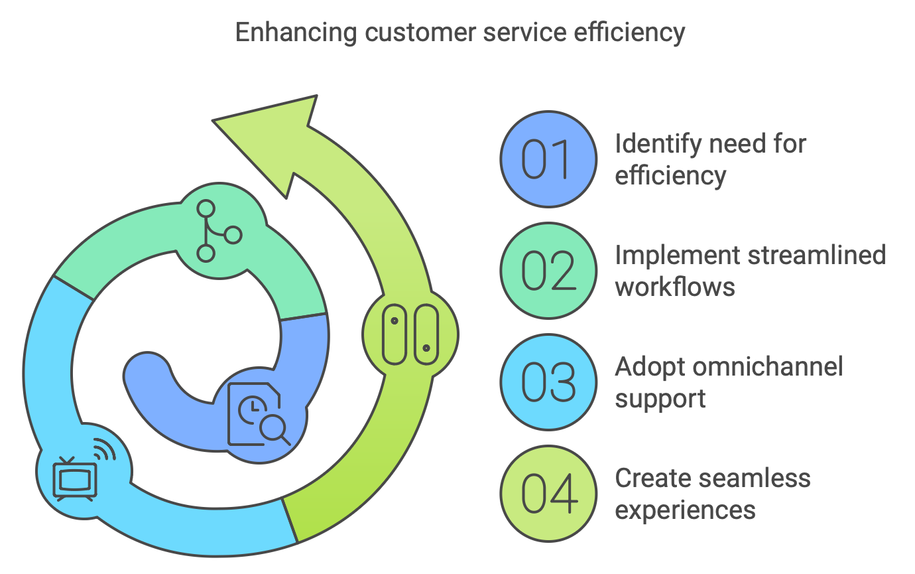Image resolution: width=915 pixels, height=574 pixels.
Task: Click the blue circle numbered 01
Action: [x=548, y=159]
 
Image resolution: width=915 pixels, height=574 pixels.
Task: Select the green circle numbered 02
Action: [x=548, y=271]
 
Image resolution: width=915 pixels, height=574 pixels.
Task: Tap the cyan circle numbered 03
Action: [x=548, y=382]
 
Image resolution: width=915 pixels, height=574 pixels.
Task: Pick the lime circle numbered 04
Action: [x=548, y=494]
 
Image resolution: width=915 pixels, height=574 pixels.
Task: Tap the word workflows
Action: [x=674, y=287]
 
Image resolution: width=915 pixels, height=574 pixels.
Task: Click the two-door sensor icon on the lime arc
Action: [x=410, y=334]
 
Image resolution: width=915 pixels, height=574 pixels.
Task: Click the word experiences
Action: [x=685, y=510]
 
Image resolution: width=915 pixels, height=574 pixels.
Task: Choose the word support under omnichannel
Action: [x=660, y=399]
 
